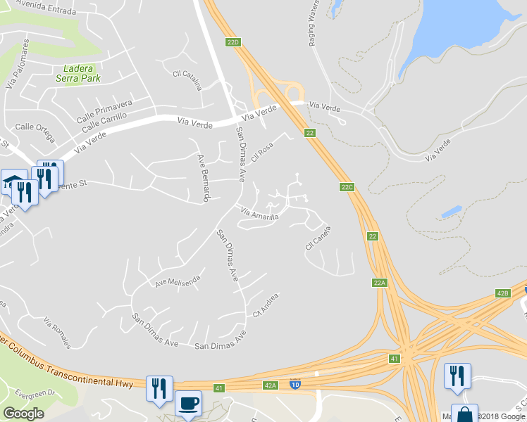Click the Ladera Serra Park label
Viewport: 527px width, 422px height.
pyautogui.click(x=78, y=73)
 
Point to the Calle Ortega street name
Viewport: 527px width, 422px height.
pyautogui.click(x=35, y=127)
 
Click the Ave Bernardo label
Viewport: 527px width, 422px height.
pyautogui.click(x=203, y=179)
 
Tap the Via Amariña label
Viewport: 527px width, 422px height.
pyautogui.click(x=260, y=213)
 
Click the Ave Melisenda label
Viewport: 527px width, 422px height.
pyautogui.click(x=178, y=281)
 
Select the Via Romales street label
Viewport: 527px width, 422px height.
pyautogui.click(x=57, y=333)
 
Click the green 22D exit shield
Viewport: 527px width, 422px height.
pyautogui.click(x=233, y=42)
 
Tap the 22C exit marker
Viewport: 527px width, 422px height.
pyautogui.click(x=346, y=186)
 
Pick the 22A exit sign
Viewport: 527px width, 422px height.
pyautogui.click(x=380, y=283)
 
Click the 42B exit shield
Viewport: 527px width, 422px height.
pyautogui.click(x=502, y=293)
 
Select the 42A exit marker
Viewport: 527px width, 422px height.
pyautogui.click(x=271, y=385)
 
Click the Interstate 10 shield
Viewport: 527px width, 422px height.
pyautogui.click(x=295, y=384)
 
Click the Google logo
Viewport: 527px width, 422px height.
pyautogui.click(x=23, y=414)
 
